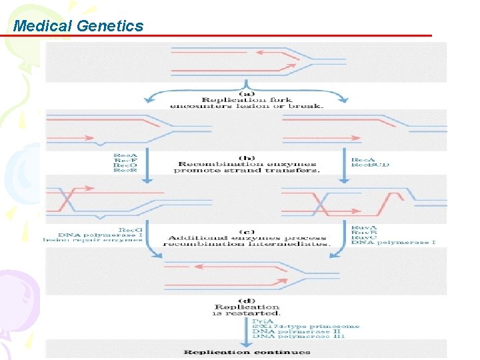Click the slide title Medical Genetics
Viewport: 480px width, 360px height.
[78, 26]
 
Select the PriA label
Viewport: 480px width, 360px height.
[261, 320]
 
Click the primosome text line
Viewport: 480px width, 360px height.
[305, 326]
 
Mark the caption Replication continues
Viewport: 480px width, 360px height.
[247, 352]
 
